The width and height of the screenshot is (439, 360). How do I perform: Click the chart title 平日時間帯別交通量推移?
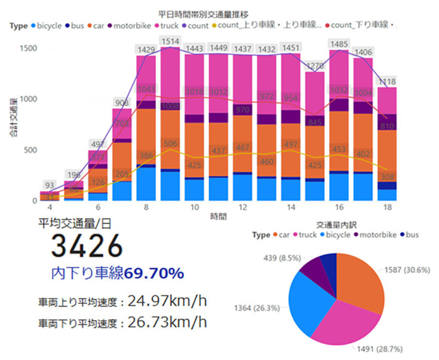[202, 13]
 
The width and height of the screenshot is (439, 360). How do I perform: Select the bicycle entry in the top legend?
[48, 26]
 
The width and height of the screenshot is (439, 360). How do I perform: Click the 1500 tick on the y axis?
[26, 48]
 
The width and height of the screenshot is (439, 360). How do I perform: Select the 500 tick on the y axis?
[29, 150]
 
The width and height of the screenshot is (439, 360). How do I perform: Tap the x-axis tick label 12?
[241, 207]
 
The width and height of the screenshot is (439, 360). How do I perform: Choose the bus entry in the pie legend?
[410, 235]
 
